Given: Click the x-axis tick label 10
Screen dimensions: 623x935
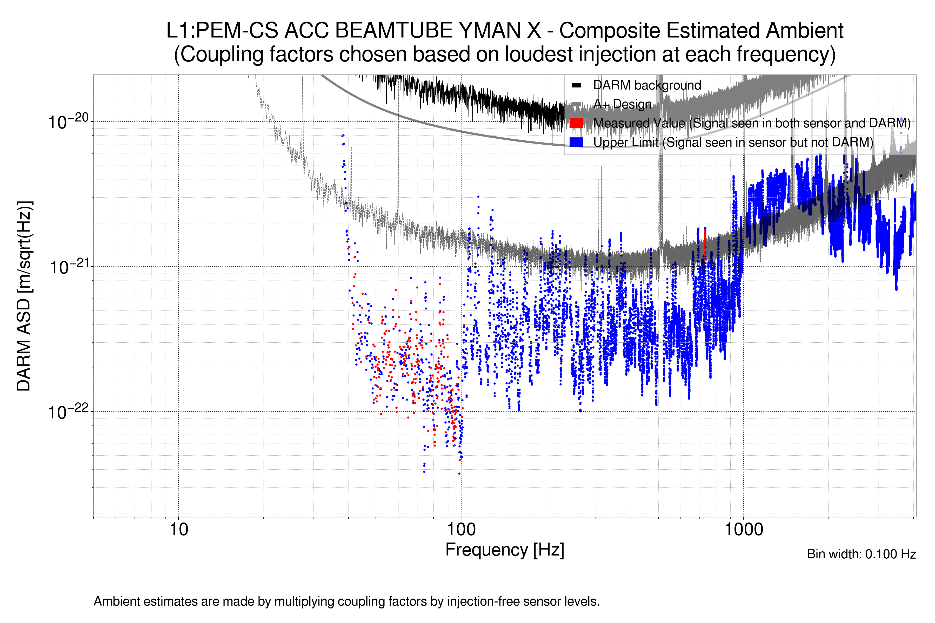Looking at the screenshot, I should pyautogui.click(x=178, y=530).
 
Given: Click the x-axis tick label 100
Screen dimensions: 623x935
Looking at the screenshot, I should pyautogui.click(x=461, y=530).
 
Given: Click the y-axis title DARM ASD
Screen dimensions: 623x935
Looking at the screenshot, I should pyautogui.click(x=24, y=296).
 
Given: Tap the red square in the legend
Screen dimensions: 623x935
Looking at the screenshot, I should pyautogui.click(x=576, y=123).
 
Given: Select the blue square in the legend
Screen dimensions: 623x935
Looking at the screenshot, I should pyautogui.click(x=576, y=142).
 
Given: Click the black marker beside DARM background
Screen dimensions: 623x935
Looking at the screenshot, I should pyautogui.click(x=576, y=85).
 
